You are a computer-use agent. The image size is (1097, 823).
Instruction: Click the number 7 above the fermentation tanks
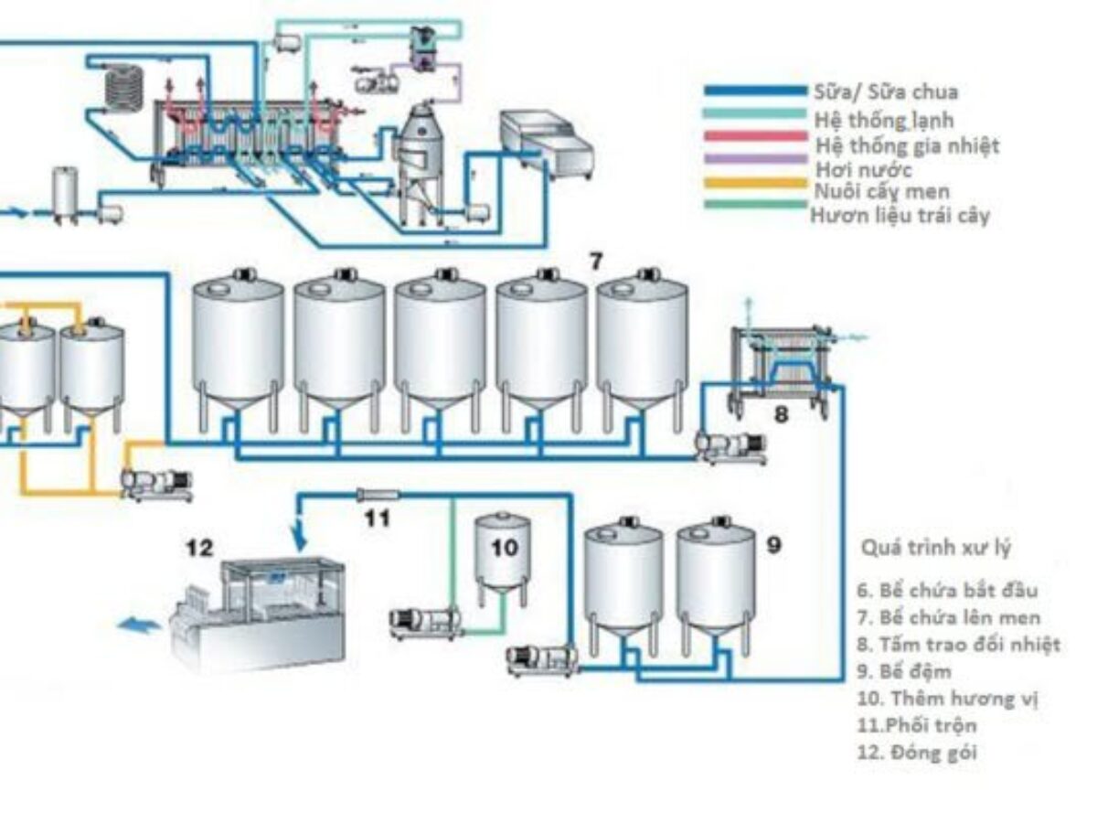[595, 262]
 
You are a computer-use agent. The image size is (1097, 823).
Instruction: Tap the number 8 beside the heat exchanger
[781, 414]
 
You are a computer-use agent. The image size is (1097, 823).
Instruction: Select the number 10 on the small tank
[504, 548]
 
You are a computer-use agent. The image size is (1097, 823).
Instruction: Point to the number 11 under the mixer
[378, 518]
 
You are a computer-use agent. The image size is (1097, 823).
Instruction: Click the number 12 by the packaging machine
[199, 548]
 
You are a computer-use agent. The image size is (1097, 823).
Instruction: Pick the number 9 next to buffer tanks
[774, 545]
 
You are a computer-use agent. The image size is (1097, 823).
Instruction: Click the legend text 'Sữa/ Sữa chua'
[885, 91]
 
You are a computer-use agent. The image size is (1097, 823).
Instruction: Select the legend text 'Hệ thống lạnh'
[883, 119]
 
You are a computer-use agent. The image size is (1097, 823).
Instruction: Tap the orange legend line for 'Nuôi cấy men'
[755, 189]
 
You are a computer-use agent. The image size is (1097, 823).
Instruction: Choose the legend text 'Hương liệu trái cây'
[900, 217]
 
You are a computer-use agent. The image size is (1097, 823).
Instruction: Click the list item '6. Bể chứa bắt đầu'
[947, 590]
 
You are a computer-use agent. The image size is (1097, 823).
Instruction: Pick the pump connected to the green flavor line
[423, 622]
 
